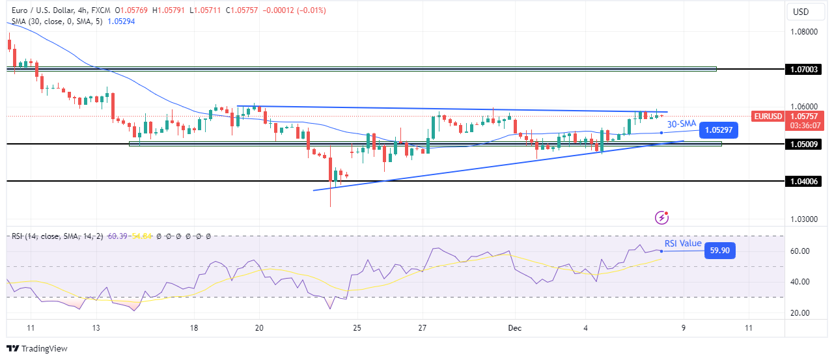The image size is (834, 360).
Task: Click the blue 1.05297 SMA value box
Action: click(718, 130)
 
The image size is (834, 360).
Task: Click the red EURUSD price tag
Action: click(768, 117)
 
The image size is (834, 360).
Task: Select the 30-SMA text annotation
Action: click(680, 124)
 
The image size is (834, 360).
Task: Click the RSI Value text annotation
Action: click(682, 243)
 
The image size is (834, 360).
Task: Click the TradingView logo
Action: click(37, 349)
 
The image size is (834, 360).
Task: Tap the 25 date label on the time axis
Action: click(356, 328)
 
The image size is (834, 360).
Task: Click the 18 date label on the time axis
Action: click(193, 328)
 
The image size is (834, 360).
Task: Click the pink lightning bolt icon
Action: click(663, 217)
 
